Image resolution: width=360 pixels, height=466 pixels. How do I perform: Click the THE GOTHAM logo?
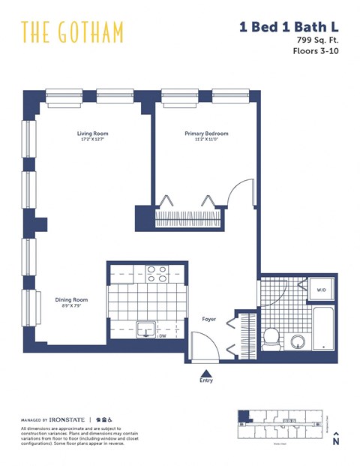coord(72,32)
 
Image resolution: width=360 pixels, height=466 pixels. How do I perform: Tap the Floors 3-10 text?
coord(314,52)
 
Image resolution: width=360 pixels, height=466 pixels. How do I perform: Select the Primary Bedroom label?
coord(206,134)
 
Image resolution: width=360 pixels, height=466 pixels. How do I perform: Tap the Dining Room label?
coord(72,299)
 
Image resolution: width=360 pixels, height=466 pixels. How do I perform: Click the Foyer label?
coord(209,320)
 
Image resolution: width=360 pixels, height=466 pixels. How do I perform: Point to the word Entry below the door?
coord(205,380)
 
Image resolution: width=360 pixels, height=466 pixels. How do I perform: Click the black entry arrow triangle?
coord(205,371)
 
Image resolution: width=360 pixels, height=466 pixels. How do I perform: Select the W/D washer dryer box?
coord(321,290)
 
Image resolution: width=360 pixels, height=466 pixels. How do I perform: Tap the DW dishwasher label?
coord(162,336)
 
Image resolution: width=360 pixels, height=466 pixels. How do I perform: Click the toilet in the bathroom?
coord(272,335)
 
